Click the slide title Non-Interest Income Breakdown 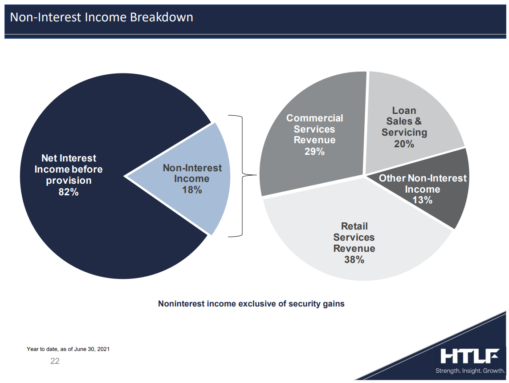[102, 17]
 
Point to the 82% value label [69, 192]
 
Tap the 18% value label [192, 189]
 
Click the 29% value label [314, 151]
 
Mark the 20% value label [404, 144]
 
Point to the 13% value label [422, 200]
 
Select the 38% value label [354, 259]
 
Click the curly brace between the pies [242, 175]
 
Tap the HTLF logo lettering [470, 356]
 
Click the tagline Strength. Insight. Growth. [470, 371]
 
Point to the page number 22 [55, 361]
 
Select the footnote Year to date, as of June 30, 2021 [68, 349]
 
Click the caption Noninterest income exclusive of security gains [251, 303]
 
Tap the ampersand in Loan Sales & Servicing [418, 121]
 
